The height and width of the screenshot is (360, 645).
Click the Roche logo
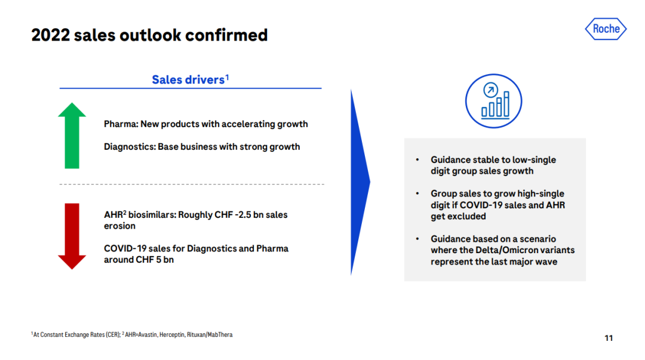point(606,29)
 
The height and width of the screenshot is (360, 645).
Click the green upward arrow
point(72,136)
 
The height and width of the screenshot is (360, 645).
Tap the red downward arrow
point(72,236)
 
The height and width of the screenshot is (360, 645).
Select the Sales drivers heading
point(190,79)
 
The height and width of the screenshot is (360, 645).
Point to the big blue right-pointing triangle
point(360,182)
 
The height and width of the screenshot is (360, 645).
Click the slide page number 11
point(609,338)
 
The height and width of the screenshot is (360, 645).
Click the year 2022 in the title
point(51,35)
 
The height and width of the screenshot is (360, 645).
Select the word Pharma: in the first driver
point(121,124)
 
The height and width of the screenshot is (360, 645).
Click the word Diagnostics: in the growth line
point(130,147)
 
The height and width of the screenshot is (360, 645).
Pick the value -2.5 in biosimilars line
point(243,215)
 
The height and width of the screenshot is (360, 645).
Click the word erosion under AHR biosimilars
point(119,226)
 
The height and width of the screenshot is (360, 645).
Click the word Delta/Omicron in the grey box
point(506,250)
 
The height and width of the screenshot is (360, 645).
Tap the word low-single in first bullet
point(534,160)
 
